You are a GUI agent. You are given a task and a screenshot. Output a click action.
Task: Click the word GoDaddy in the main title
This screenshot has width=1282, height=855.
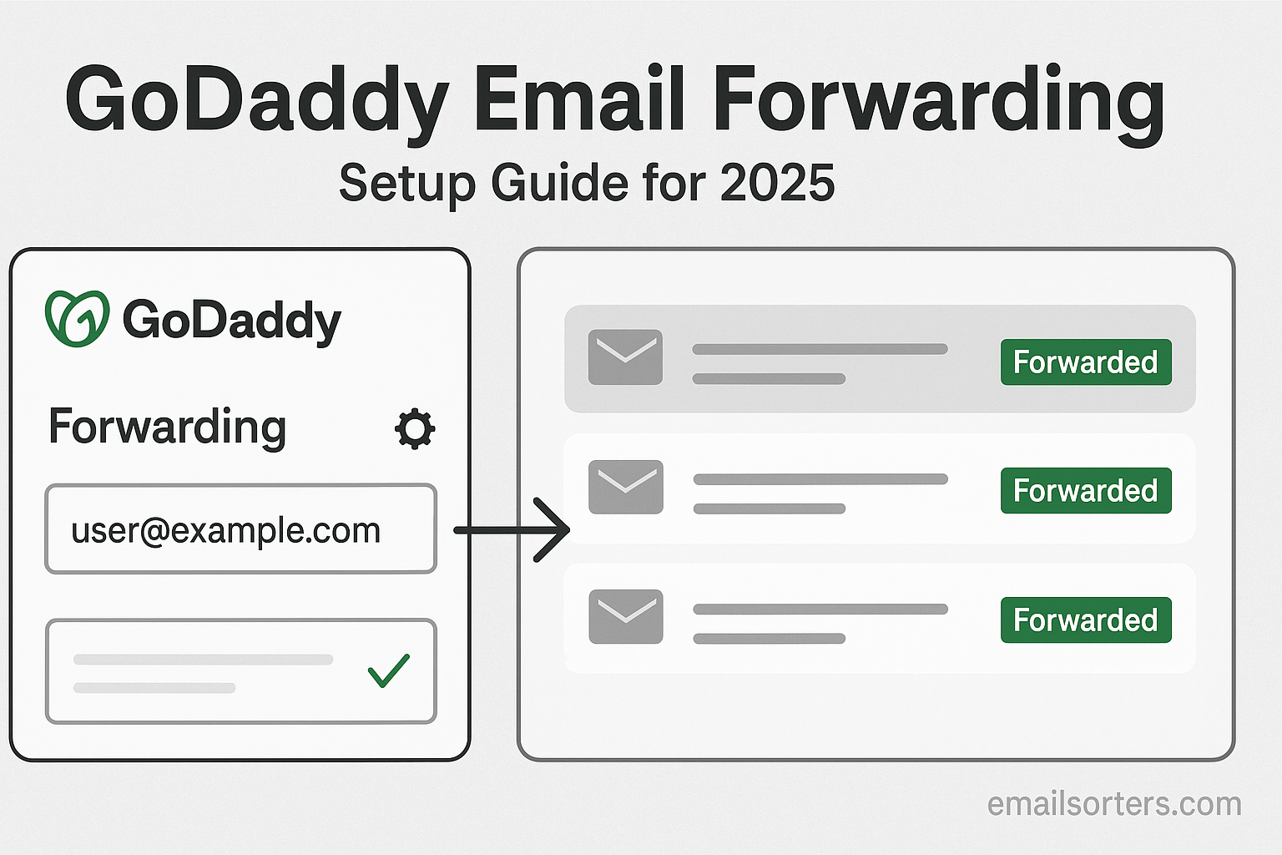coord(256,103)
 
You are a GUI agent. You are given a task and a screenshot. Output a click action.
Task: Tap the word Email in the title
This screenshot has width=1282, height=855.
coord(579,98)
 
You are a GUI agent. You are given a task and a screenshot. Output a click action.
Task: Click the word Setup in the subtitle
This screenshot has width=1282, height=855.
coord(407,185)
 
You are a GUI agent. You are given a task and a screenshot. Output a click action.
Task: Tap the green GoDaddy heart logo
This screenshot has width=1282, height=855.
coord(78,318)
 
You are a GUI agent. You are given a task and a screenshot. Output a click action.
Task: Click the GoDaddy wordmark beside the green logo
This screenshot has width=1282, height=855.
coord(232,321)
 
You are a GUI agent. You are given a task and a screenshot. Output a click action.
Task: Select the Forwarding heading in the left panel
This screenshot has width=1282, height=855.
coord(167,427)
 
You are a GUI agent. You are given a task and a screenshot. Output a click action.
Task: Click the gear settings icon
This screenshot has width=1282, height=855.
coord(415,429)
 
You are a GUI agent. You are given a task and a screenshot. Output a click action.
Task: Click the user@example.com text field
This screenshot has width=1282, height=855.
coord(241,529)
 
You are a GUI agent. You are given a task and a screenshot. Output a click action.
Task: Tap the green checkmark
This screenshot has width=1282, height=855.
coord(389,670)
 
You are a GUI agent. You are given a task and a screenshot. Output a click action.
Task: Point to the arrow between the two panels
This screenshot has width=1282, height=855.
coord(512,530)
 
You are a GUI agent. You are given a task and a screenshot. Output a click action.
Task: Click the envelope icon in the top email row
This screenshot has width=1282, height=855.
coord(625,357)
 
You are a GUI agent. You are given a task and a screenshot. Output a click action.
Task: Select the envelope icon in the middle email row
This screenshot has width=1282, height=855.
coord(626,487)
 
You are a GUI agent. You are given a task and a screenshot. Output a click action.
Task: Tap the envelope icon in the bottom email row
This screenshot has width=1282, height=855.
coord(626,617)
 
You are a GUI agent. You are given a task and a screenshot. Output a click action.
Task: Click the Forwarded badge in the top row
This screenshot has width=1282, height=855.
coord(1086,362)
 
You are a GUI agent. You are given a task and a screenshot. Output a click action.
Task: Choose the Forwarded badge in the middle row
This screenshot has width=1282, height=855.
coord(1086,491)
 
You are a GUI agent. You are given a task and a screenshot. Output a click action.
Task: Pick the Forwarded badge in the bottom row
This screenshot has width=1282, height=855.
coord(1086,620)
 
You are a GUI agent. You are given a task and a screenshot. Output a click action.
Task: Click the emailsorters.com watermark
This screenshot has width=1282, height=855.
coord(1114,804)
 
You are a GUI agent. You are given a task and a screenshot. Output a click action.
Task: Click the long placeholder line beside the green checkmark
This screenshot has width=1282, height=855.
coord(203,660)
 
